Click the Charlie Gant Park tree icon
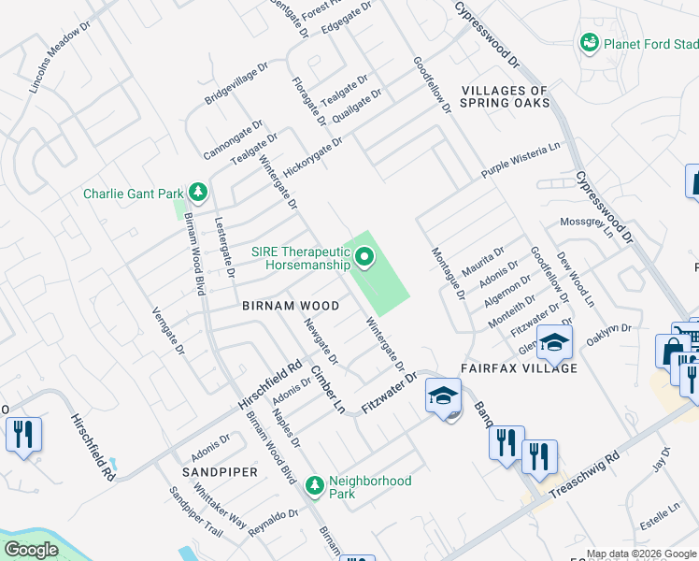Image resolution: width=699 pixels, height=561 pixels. (197, 193)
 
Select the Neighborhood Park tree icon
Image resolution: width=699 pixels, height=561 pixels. (316, 484)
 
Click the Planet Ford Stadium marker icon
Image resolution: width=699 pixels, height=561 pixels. (589, 43)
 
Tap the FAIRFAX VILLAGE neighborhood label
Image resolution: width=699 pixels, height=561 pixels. (519, 367)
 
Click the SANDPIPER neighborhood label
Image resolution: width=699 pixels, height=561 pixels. (220, 472)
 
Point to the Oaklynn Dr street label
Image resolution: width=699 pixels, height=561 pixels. (608, 335)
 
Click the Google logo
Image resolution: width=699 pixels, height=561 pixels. (32, 550)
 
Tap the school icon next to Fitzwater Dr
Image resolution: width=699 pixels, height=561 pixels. (443, 396)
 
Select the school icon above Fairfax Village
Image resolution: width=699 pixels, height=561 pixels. (554, 343)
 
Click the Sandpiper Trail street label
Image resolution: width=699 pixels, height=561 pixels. (194, 514)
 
